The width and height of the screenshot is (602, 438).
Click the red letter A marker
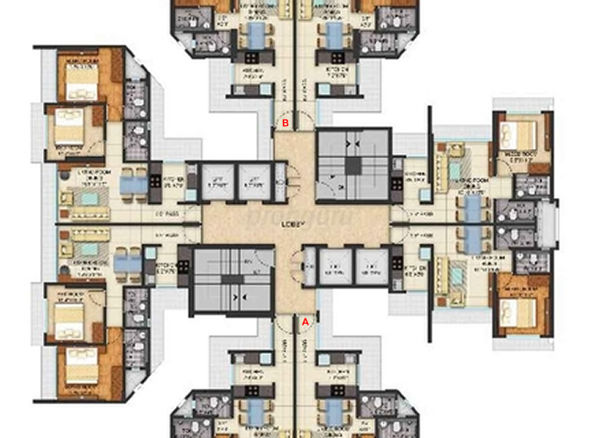[x=306, y=320]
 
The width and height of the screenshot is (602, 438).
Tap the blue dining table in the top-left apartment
[x=258, y=36]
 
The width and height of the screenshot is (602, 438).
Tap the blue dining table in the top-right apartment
[x=330, y=36]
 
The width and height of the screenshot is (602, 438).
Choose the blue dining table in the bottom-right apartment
[x=330, y=407]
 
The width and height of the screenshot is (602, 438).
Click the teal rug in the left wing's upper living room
[x=88, y=194]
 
